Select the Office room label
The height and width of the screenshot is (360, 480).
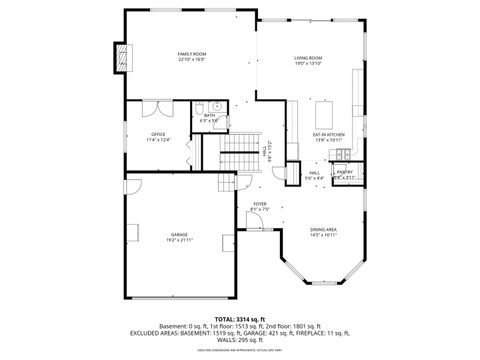pos(157,134)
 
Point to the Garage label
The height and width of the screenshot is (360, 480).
pos(179,235)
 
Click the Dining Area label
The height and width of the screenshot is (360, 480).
pos(323,229)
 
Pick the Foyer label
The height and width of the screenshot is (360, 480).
pos(259,204)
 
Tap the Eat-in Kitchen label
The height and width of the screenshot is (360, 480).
pos(329,134)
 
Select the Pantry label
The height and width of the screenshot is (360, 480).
pos(344,172)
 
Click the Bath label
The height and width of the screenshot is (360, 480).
pos(209,115)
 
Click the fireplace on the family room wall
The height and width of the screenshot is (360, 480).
pos(123,59)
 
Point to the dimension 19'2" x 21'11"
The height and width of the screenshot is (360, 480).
pos(179,241)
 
